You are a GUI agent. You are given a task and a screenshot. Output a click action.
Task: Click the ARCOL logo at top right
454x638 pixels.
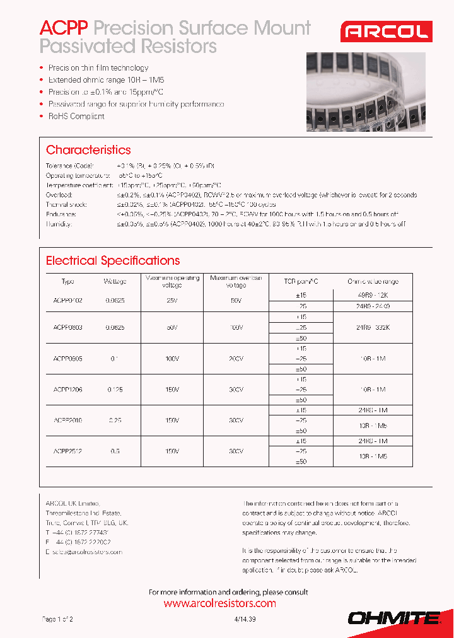pyautogui.click(x=385, y=32)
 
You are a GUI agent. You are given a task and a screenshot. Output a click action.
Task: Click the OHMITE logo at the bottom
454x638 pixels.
pyautogui.click(x=394, y=618)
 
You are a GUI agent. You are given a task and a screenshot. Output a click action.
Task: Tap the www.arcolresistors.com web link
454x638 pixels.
pyautogui.click(x=219, y=603)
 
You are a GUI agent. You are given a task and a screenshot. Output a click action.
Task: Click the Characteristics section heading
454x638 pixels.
pyautogui.click(x=88, y=150)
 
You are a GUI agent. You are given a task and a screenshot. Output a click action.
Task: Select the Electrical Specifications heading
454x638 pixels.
pyautogui.click(x=113, y=260)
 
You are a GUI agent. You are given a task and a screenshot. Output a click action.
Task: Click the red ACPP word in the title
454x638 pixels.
pyautogui.click(x=65, y=28)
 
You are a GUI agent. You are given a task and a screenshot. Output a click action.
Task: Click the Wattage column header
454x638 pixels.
pyautogui.click(x=115, y=281)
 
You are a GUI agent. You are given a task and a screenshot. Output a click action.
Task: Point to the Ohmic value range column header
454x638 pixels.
pyautogui.click(x=373, y=281)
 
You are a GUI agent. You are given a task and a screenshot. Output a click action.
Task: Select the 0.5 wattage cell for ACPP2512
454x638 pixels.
pyautogui.click(x=115, y=451)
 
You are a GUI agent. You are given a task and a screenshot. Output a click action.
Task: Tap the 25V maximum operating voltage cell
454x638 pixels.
pyautogui.click(x=172, y=301)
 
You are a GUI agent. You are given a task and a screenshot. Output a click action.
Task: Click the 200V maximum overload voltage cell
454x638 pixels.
pyautogui.click(x=236, y=358)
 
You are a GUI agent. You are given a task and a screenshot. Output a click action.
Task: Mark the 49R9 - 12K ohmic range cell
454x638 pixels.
pyautogui.click(x=373, y=295)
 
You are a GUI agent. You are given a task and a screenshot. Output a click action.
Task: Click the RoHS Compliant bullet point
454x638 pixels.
pyautogui.click(x=76, y=116)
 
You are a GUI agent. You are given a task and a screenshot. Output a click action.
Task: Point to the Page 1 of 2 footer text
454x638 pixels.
pyautogui.click(x=57, y=620)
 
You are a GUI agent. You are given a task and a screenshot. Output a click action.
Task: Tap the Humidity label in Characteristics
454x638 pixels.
pyautogui.click(x=59, y=224)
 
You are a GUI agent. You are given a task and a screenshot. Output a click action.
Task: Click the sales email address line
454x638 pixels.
pyautogui.click(x=83, y=552)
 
